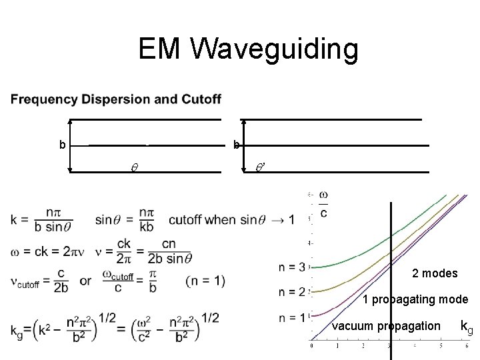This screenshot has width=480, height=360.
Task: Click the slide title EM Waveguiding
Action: click(x=248, y=49)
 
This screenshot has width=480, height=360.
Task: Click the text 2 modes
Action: click(x=434, y=273)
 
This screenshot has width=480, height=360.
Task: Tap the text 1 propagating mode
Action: click(x=415, y=300)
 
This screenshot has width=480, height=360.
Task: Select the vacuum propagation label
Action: click(x=386, y=326)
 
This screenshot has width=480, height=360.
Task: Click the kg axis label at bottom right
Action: click(x=466, y=327)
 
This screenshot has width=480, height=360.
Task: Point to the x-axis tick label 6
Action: click(x=466, y=345)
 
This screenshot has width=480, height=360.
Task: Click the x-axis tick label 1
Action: click(x=337, y=345)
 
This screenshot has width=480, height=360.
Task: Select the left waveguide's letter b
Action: click(x=62, y=144)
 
